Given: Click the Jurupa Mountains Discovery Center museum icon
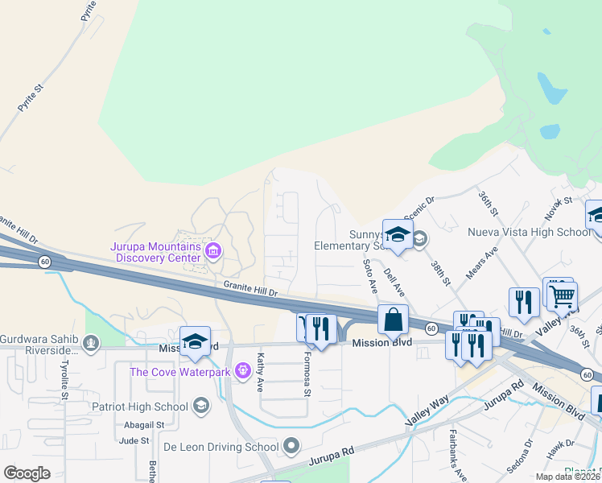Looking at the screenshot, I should point(213,252).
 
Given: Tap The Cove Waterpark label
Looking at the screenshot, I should point(180,372).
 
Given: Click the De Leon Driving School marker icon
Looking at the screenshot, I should point(291,446).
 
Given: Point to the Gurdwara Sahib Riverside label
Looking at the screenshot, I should point(40,344).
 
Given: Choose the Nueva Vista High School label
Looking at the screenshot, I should point(530,233).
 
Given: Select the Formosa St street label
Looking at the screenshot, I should point(307,374).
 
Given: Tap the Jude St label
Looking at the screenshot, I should point(134,440).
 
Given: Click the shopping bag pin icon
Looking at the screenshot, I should point(393,320).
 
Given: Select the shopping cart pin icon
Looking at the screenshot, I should point(562,295).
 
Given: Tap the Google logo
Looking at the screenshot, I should point(27,473).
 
